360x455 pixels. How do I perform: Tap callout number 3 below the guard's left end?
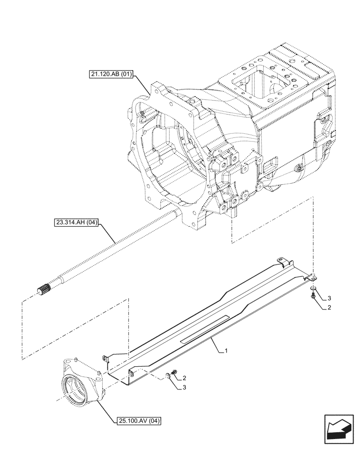point(185,388)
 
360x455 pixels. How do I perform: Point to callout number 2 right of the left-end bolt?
point(185,378)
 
